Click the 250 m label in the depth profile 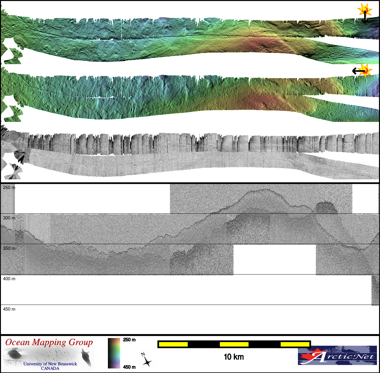pyautogui.click(x=9, y=188)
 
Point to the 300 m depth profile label pyautogui.click(x=9, y=218)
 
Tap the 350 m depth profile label pyautogui.click(x=9, y=248)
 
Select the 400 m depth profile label pyautogui.click(x=9, y=279)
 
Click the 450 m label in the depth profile pyautogui.click(x=9, y=309)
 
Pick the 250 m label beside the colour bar pyautogui.click(x=129, y=340)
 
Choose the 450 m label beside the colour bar pyautogui.click(x=129, y=367)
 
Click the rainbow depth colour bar pyautogui.click(x=114, y=353)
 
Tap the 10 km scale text pyautogui.click(x=233, y=357)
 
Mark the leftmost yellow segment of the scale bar pyautogui.click(x=173, y=344)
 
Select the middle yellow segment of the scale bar pyautogui.click(x=234, y=344)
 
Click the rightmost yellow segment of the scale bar pyautogui.click(x=295, y=344)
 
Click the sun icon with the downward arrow pyautogui.click(x=364, y=11)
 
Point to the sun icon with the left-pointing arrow pyautogui.click(x=365, y=71)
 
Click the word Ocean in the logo pyautogui.click(x=18, y=343)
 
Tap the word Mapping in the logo pyautogui.click(x=49, y=343)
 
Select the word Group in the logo pyautogui.click(x=81, y=343)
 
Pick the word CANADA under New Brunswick pyautogui.click(x=50, y=368)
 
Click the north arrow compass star pyautogui.click(x=147, y=361)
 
